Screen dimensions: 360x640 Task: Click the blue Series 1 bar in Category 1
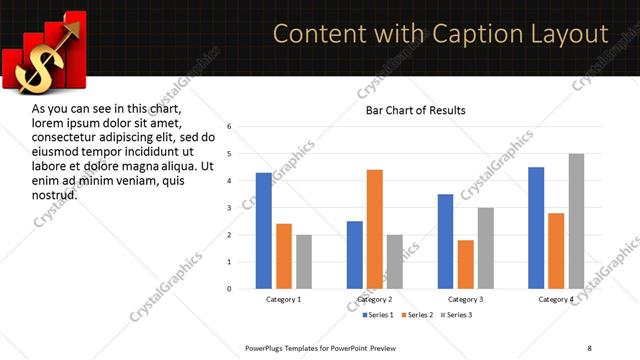[x=264, y=231]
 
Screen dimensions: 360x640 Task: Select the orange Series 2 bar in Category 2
[x=375, y=229]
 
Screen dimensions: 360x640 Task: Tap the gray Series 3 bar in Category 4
[x=576, y=221]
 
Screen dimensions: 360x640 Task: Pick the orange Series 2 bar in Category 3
[x=466, y=264]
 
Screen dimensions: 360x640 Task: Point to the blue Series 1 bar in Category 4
[x=536, y=228]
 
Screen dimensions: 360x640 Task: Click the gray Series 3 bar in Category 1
[x=304, y=262]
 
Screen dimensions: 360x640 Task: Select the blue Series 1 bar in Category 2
[x=355, y=255]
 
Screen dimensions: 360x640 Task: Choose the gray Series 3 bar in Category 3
[x=486, y=248]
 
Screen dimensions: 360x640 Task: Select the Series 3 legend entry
[x=457, y=316]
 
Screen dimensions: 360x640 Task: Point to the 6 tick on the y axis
[x=230, y=127]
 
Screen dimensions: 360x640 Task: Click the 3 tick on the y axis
[x=230, y=208]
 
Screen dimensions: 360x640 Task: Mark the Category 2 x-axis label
[x=374, y=300]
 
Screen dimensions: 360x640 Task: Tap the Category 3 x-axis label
[x=465, y=300]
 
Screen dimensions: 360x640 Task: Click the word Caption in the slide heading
[x=473, y=34]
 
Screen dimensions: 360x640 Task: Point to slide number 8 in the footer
[x=589, y=348]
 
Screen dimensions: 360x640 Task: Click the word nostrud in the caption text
[x=55, y=194]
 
